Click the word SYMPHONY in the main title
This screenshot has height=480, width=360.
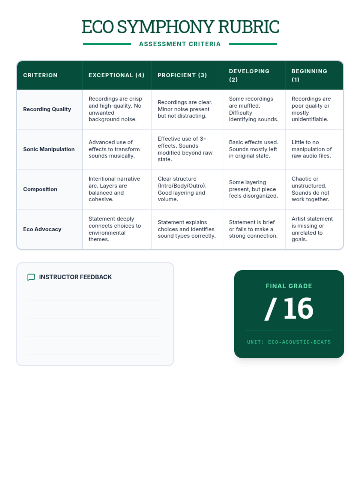pos(166,27)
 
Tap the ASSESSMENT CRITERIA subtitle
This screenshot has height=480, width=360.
pos(180,44)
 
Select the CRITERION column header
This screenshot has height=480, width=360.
pos(40,75)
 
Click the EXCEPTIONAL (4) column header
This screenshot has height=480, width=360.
pos(116,75)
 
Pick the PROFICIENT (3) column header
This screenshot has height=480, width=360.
pos(182,75)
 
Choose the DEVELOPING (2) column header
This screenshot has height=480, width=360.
pos(249,75)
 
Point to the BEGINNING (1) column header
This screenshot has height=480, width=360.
pos(309,75)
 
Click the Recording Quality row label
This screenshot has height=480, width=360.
pos(47,109)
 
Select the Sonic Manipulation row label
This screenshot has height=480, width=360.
pos(49,149)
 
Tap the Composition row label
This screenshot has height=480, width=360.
pos(40,189)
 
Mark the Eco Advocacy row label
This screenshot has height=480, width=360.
pos(42,229)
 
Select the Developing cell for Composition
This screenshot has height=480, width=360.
pos(253,189)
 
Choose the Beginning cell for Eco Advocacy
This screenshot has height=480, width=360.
pos(312,229)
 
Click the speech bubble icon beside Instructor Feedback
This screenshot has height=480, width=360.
pos(31,277)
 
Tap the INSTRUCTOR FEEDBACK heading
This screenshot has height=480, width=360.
pos(75,277)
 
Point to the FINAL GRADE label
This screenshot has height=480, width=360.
pos(289,286)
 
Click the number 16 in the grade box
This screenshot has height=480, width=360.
pos(298,308)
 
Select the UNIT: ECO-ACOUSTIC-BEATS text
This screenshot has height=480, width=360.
pos(289,342)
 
